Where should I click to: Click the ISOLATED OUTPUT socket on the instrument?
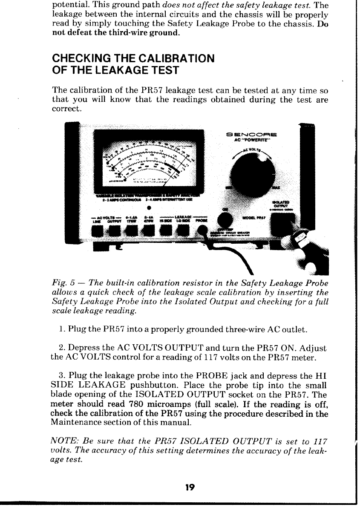(282, 225)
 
